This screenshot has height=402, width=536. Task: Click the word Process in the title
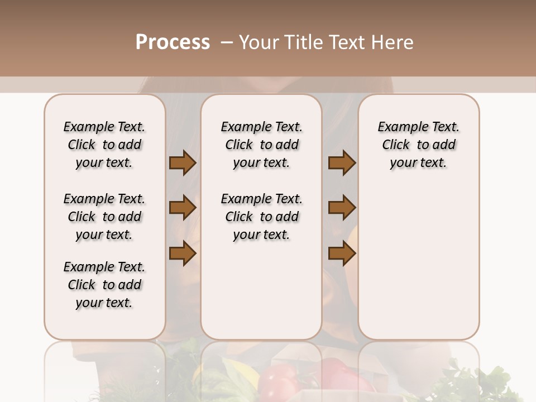click(173, 42)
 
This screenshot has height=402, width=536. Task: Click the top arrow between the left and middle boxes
click(183, 163)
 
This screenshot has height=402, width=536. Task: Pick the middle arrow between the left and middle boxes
click(183, 208)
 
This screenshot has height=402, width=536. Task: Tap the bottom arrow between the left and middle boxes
click(183, 253)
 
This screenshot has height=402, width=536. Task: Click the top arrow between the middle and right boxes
click(342, 163)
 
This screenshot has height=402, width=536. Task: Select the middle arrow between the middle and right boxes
click(342, 208)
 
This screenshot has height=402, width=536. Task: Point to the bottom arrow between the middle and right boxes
click(342, 253)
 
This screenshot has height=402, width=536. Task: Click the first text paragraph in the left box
click(104, 145)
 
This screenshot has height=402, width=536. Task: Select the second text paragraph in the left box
click(104, 217)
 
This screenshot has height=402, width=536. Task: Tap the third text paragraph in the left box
click(104, 285)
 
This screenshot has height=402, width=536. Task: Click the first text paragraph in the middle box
click(261, 145)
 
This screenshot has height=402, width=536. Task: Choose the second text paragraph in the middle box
click(261, 217)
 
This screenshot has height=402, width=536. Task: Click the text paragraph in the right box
click(419, 145)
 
